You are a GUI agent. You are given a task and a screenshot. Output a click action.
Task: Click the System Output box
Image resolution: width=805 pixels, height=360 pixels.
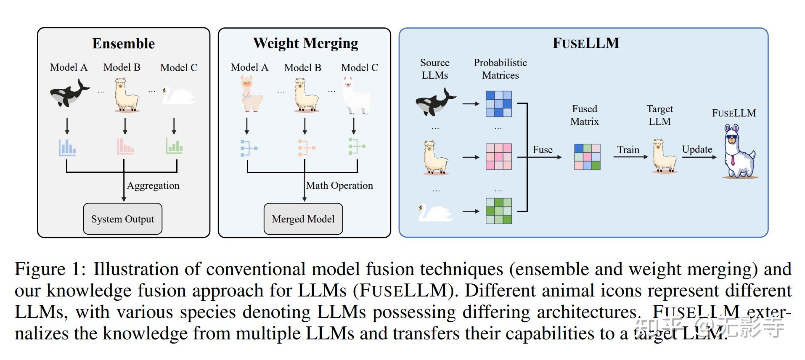(x=122, y=219)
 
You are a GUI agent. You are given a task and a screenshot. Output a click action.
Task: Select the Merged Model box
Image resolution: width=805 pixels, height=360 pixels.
(x=303, y=219)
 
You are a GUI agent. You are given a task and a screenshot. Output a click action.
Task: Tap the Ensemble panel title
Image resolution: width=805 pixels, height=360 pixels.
(x=123, y=43)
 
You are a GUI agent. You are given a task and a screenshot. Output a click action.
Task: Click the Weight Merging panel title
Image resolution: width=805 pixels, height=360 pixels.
(x=305, y=43)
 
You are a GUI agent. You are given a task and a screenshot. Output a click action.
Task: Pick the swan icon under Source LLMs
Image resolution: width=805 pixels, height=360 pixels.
(x=434, y=212)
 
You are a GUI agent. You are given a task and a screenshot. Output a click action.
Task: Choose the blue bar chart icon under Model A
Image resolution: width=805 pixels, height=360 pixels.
(x=67, y=147)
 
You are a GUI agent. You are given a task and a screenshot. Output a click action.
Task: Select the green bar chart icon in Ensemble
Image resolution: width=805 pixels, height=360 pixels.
(x=174, y=146)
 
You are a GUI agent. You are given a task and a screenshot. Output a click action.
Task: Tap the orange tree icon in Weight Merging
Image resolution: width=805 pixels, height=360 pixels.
(x=306, y=148)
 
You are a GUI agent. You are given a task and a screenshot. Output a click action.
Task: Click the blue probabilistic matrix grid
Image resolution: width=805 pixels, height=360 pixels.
(x=498, y=103)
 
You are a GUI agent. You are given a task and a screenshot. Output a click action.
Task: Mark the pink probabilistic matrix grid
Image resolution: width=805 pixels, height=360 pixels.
(x=498, y=156)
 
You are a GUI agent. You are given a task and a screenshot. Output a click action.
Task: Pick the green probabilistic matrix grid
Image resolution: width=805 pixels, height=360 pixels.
(x=498, y=211)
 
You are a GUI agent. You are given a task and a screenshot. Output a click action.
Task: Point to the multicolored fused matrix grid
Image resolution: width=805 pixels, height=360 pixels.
(x=587, y=157)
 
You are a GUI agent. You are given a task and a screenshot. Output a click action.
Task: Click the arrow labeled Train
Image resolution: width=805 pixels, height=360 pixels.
(x=630, y=157)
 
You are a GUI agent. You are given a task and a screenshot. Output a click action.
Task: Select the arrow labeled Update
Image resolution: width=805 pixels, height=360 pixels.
(x=699, y=157)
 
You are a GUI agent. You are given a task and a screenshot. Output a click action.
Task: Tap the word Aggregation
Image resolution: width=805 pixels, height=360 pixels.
(x=153, y=185)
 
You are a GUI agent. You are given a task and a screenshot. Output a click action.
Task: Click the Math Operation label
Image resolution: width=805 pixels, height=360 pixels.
(x=339, y=185)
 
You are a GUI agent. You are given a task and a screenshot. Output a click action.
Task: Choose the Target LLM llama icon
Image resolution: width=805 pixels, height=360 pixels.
(x=664, y=156)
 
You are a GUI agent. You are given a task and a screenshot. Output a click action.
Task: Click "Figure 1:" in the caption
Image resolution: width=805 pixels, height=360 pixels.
(x=50, y=269)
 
